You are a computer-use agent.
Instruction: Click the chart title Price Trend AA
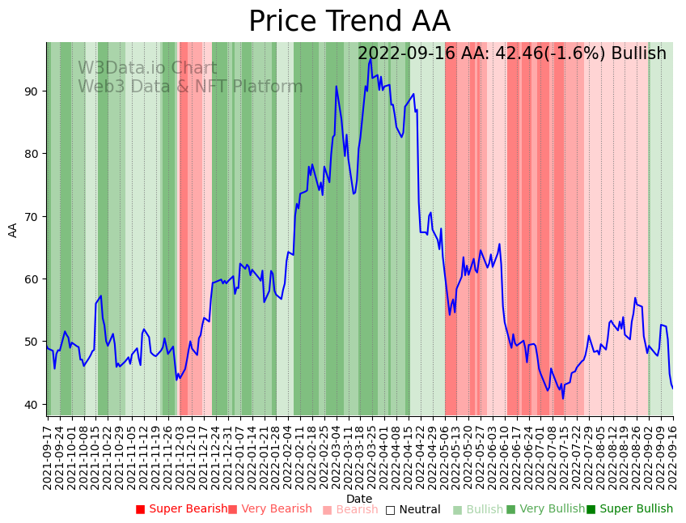click(349, 22)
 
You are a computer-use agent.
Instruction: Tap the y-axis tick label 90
click(31, 91)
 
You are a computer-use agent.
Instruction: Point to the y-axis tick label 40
click(31, 404)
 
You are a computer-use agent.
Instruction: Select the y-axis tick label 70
click(31, 216)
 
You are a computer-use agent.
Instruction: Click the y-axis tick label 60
click(31, 279)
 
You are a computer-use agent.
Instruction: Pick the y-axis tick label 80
click(31, 154)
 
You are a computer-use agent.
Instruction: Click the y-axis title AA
click(13, 229)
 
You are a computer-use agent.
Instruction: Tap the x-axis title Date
click(359, 499)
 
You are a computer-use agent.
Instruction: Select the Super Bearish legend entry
click(182, 509)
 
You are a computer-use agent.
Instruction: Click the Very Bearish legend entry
click(270, 509)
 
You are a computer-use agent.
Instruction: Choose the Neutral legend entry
click(413, 509)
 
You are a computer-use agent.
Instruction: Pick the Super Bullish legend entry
click(630, 509)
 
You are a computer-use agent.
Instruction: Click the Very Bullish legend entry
click(545, 509)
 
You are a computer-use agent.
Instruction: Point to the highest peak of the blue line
click(371, 58)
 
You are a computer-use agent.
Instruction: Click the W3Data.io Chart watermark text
click(147, 69)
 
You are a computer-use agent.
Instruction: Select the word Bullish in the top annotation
click(638, 53)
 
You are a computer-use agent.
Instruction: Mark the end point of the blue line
click(672, 389)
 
